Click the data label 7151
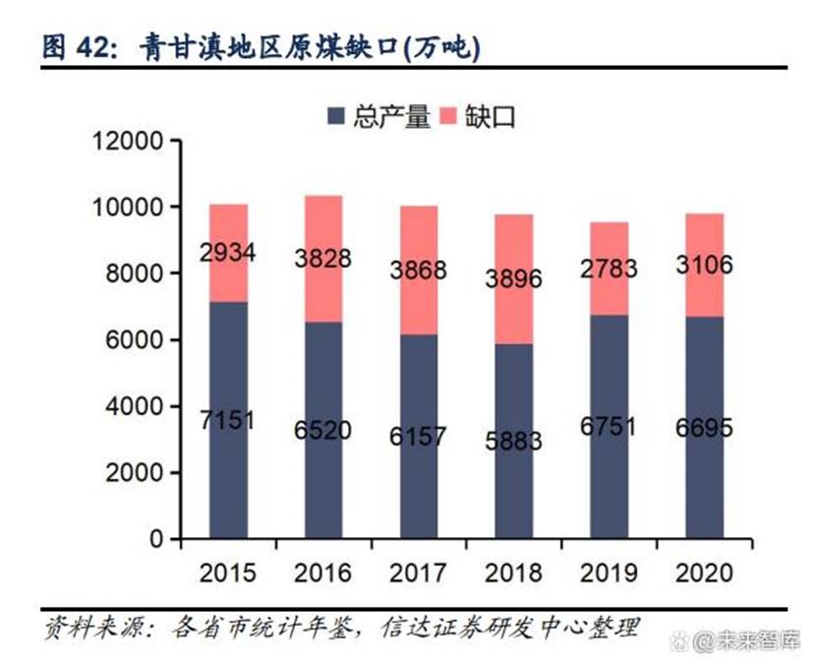[229, 421]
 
